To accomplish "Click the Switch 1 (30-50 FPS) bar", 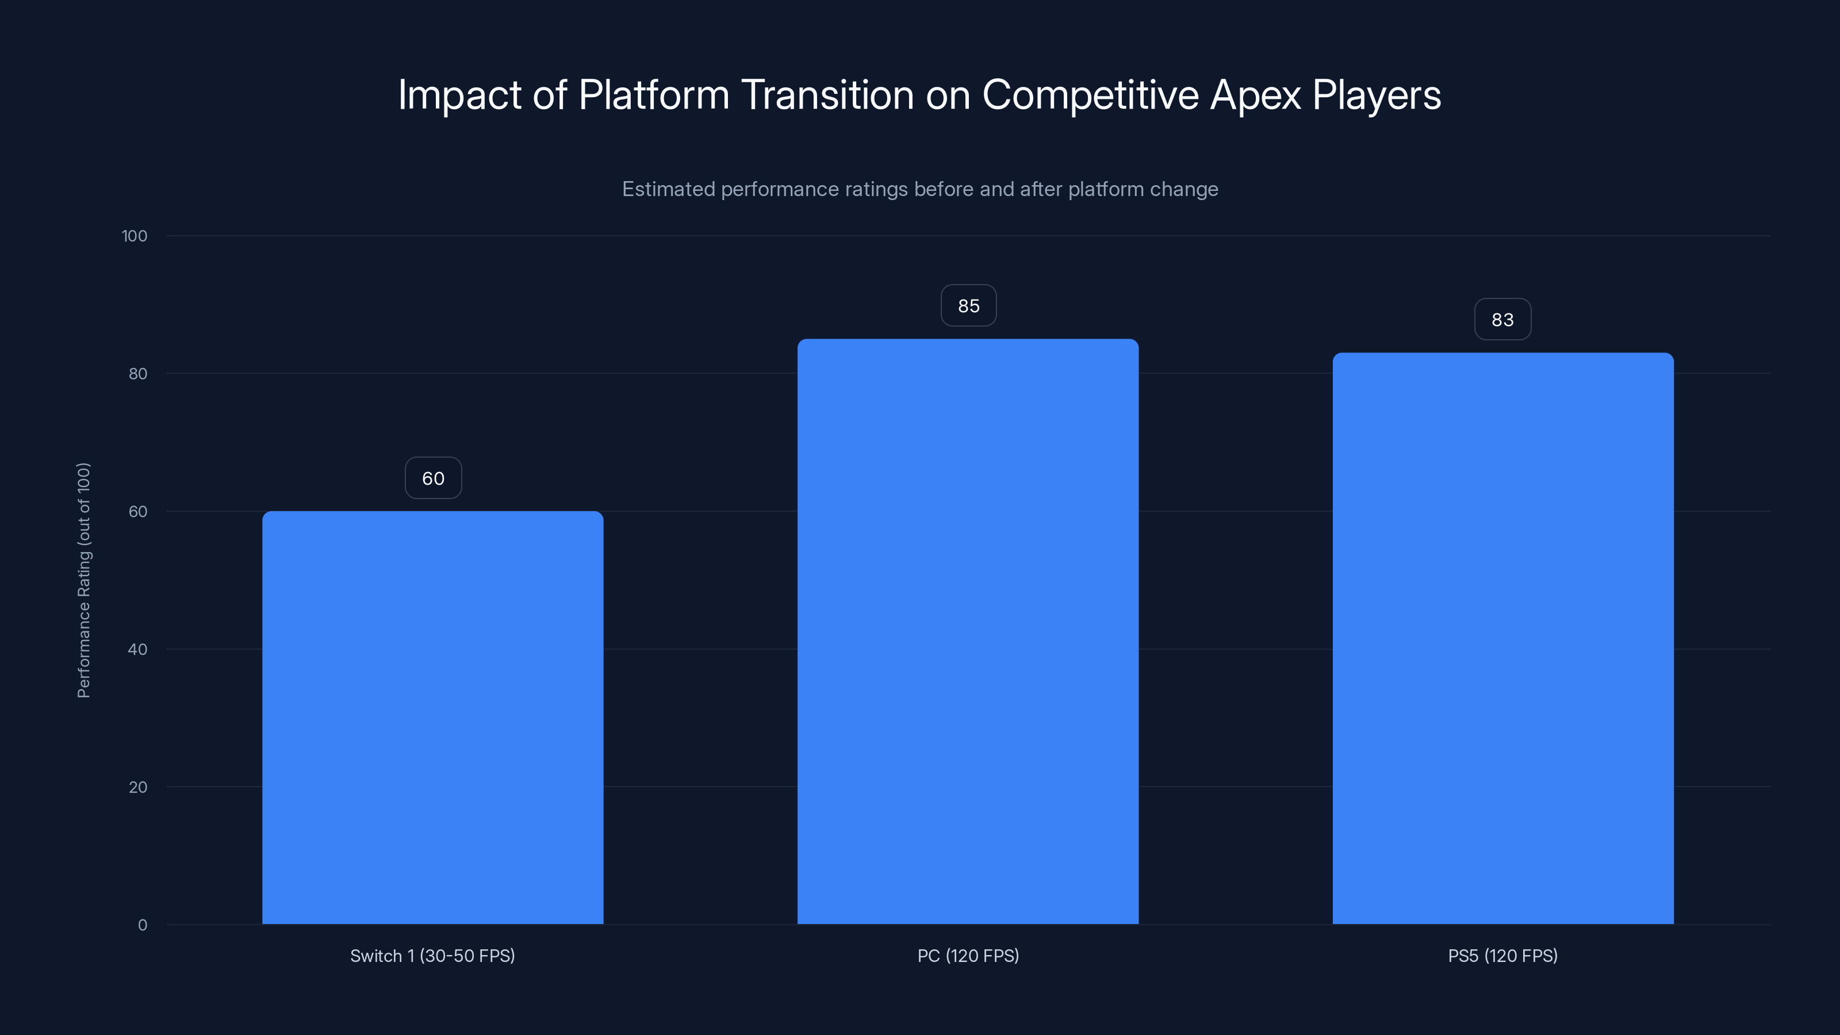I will coord(432,717).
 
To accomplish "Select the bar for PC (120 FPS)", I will coord(968,631).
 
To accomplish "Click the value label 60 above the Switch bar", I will coord(433,478).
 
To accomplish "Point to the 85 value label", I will coord(968,306).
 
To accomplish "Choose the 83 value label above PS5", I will coord(1503,319).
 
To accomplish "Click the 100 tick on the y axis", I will coord(135,236).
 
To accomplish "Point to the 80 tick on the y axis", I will coord(138,374).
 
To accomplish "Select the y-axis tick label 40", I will coord(138,649).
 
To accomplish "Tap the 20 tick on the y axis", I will coord(138,787).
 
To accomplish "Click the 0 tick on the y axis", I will coord(142,925).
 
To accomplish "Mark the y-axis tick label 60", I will coord(138,511).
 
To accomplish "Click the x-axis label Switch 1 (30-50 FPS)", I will coord(432,956).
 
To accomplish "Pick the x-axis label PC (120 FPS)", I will coord(968,956).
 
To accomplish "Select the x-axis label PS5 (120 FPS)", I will coord(1503,956).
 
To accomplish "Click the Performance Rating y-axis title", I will coord(83,580).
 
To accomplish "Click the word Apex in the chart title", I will coord(1255,95).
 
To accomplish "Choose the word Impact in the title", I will coord(459,95).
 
